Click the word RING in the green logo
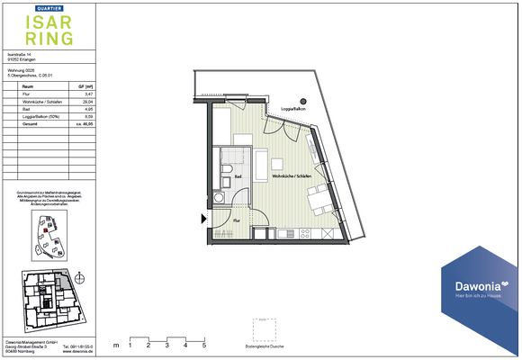(40, 40)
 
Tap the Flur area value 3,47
(88, 94)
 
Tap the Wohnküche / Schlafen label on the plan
(291, 176)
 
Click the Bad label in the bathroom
(238, 177)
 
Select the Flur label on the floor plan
(236, 219)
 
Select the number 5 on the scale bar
(204, 345)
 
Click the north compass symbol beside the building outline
(81, 277)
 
